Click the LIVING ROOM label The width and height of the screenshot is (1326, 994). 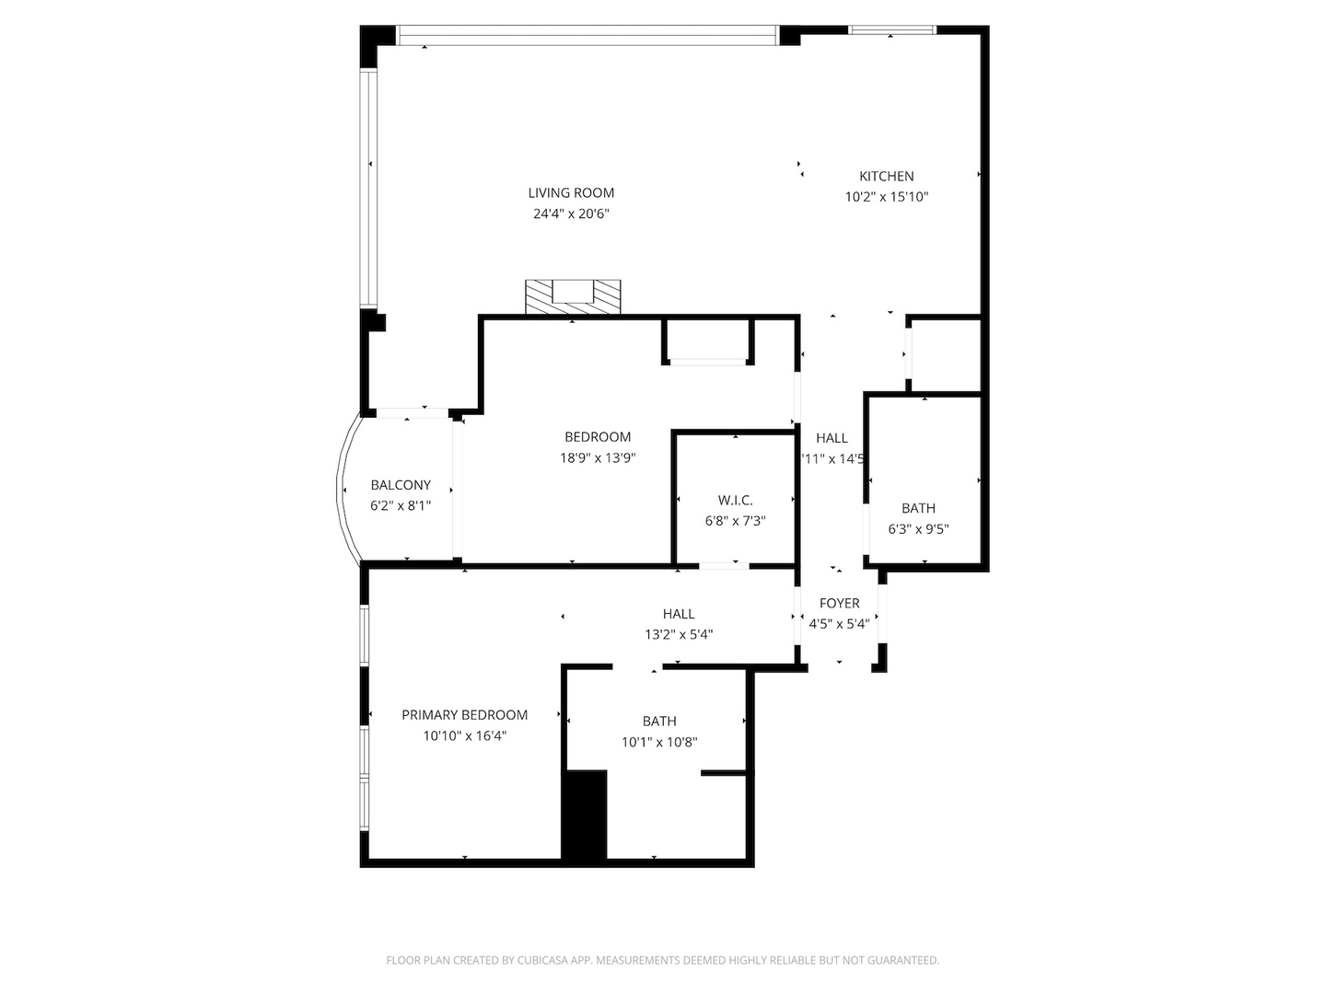coord(571,192)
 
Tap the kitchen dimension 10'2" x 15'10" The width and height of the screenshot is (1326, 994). coord(886,196)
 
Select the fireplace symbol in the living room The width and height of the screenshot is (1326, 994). coord(573,296)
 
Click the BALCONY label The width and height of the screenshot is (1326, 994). coord(401,485)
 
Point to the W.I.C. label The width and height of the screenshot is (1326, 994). coord(735,500)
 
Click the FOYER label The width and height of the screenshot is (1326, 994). coord(839,603)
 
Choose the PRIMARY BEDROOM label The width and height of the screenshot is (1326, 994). coord(464,714)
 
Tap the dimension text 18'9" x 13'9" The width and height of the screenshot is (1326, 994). coord(598,457)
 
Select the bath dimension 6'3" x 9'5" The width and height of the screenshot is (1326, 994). coord(918,529)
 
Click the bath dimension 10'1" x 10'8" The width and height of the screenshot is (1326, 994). coord(659,742)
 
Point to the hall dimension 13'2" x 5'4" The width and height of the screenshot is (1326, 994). coord(679,634)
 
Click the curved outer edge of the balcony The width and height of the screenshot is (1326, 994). coord(341,488)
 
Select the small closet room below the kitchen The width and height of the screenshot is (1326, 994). coord(944,354)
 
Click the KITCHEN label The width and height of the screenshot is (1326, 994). coord(886,176)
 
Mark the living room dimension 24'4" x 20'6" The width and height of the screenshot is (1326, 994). coord(571,214)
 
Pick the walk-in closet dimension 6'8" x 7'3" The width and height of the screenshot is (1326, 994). coord(735,521)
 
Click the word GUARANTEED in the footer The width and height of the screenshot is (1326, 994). coord(902,960)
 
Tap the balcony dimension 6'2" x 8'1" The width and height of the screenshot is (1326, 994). coord(401,506)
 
